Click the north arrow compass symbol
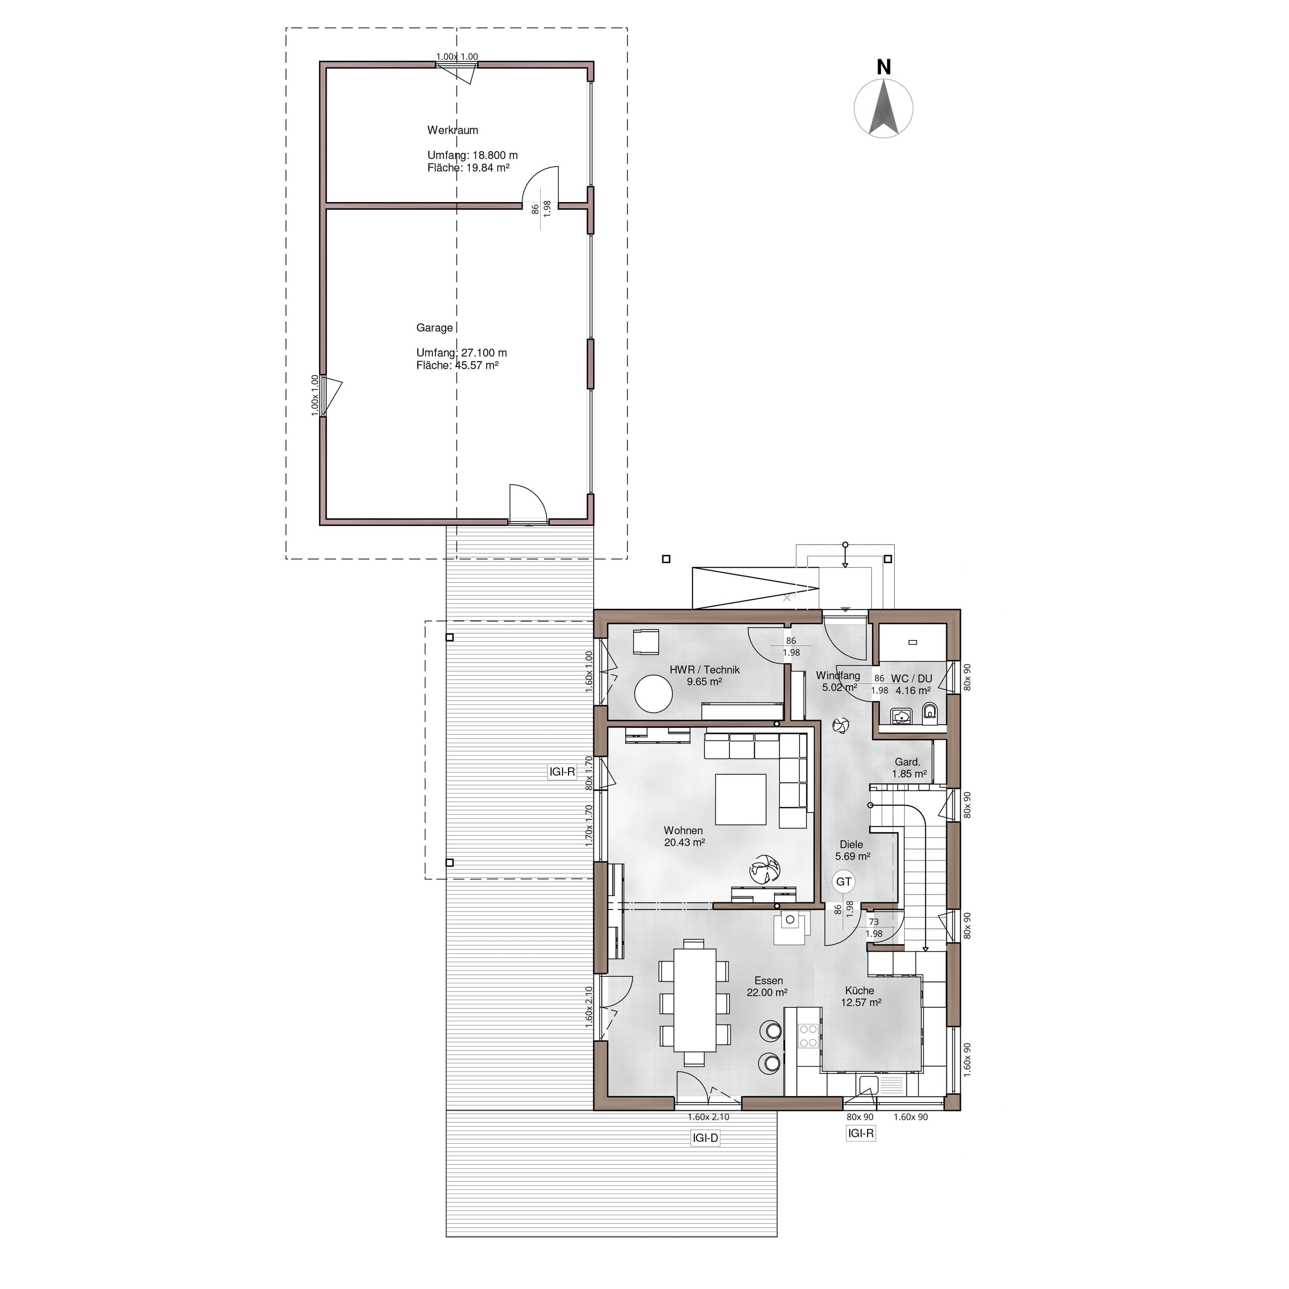point(883,108)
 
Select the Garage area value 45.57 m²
point(477,365)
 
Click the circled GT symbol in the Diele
point(843,881)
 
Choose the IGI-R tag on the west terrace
point(562,772)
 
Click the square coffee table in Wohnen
point(741,799)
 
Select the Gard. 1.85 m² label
point(909,768)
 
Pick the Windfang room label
point(837,675)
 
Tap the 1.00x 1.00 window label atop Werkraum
point(457,57)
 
